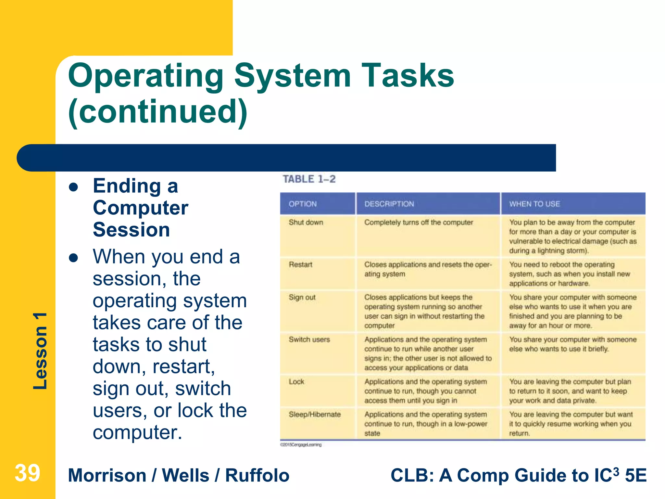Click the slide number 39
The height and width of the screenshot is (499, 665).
(27, 473)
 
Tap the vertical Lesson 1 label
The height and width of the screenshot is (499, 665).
(40, 351)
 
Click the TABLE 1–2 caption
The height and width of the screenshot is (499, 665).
(309, 179)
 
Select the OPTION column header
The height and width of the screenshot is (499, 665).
(303, 204)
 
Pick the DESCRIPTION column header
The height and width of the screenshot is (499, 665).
(389, 204)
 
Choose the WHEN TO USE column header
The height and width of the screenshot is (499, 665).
(534, 204)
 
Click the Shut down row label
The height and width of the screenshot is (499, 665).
(306, 223)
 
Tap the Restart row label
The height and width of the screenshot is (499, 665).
(300, 265)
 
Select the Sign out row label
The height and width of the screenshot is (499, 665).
(302, 298)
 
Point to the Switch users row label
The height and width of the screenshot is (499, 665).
(309, 340)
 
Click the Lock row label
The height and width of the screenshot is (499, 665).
(296, 382)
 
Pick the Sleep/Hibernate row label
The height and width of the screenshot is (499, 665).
(315, 415)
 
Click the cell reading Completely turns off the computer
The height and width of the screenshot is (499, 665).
(419, 223)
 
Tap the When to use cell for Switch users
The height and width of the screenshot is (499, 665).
(573, 344)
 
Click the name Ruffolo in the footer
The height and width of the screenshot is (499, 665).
(257, 476)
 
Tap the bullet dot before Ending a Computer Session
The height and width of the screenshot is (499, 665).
(74, 187)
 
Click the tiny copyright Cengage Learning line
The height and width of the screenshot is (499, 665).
(301, 445)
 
